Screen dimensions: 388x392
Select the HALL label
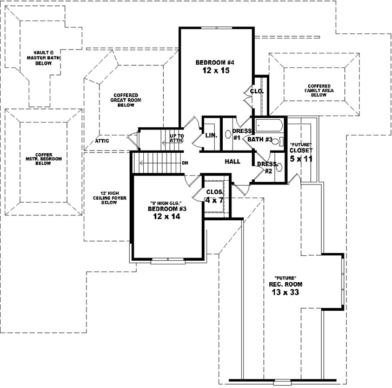tap(232, 161)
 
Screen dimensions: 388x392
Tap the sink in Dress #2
tap(278, 167)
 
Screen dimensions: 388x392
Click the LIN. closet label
tap(210, 135)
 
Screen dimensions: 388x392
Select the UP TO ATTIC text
tap(177, 138)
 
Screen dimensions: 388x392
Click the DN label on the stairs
tap(185, 162)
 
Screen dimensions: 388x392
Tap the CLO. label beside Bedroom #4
tap(257, 91)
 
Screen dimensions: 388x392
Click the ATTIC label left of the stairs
tap(102, 141)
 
